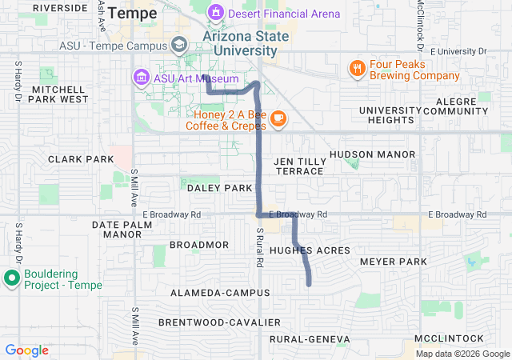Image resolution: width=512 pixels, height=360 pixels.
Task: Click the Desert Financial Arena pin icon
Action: click(x=214, y=13)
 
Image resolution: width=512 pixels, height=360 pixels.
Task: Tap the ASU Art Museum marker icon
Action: click(x=141, y=78)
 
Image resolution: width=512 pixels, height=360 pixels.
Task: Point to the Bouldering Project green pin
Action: click(x=11, y=278)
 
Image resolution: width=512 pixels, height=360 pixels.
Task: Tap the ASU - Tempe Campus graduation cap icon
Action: click(x=180, y=45)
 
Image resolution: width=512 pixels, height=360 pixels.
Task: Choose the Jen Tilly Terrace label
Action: click(x=298, y=166)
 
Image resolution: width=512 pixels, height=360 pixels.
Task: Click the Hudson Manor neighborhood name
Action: click(x=372, y=154)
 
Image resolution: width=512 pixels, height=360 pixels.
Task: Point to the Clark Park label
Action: click(x=81, y=159)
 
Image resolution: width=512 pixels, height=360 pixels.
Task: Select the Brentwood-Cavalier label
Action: click(x=219, y=322)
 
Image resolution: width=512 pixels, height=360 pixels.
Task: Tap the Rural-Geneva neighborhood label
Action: click(x=310, y=340)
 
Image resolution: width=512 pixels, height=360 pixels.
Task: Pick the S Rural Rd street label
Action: click(x=260, y=247)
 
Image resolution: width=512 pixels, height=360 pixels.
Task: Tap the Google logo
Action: click(x=26, y=350)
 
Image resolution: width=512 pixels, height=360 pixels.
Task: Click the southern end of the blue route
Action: click(x=309, y=283)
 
